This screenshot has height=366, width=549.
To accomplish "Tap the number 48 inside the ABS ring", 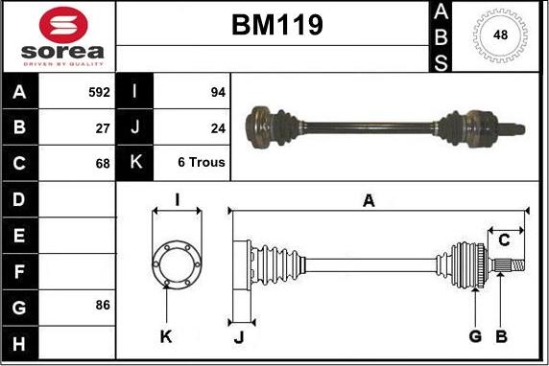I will pos(500,34).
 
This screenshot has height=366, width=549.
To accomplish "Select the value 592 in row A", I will pos(99,93).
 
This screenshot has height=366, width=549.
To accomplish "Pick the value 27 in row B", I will pos(103,127).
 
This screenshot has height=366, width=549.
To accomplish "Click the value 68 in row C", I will pos(103,162).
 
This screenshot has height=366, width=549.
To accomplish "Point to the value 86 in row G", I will pos(103,305).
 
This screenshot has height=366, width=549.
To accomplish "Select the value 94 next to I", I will pos(217,93).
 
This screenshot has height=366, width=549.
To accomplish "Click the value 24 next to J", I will pos(217,127).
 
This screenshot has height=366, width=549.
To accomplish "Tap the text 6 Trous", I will pos(202,162).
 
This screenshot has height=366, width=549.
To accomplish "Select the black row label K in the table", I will pos(135,162).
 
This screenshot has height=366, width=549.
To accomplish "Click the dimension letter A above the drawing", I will pos(368,200).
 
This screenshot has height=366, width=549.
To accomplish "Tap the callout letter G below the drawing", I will pos(474,335).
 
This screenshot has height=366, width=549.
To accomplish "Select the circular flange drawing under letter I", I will pos(176,262).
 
